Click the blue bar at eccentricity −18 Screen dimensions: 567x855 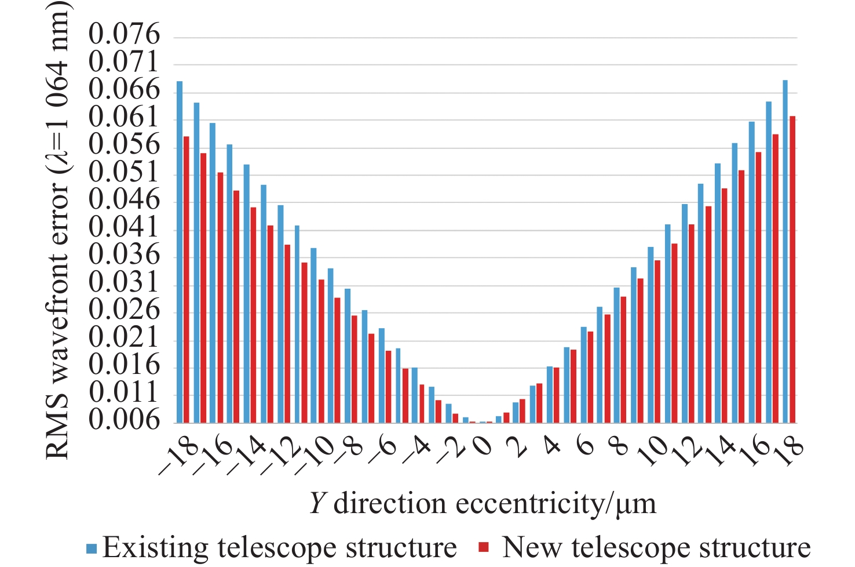(180, 252)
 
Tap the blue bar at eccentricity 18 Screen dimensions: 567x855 (785, 252)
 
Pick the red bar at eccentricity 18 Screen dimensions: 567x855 (792, 270)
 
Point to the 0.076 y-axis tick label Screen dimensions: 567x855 (124, 35)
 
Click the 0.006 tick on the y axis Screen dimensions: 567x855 (124, 420)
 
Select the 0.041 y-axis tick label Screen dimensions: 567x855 (124, 227)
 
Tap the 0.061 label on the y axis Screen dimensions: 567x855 (124, 118)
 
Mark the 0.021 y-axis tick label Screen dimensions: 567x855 (124, 337)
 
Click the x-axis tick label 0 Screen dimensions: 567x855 (484, 448)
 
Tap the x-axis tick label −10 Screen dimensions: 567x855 (315, 455)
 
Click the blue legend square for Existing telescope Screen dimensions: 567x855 (92, 548)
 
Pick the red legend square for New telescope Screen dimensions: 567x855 (484, 548)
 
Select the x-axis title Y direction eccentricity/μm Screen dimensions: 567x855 (483, 503)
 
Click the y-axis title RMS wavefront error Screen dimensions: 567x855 (58, 232)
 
